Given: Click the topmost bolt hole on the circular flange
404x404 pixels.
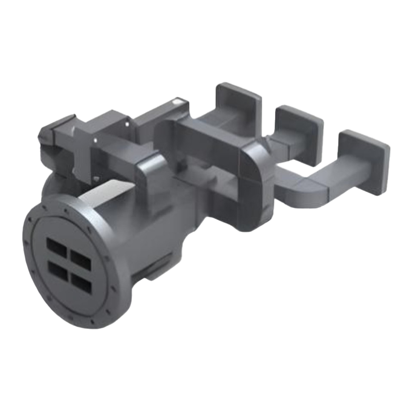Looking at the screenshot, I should [x=76, y=205].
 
